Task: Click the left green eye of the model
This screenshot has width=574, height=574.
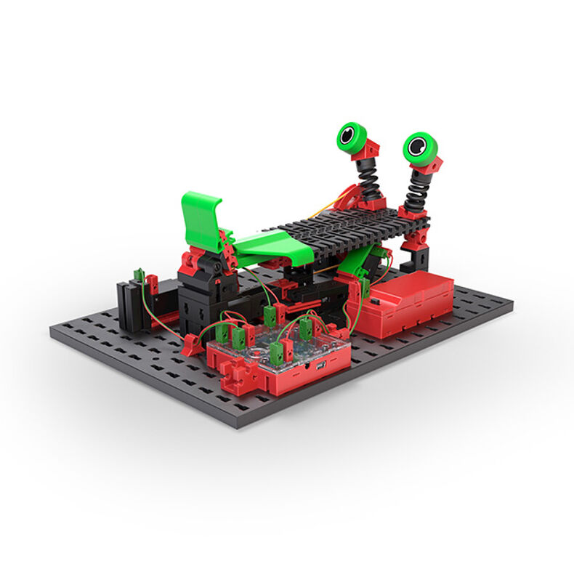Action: (x=351, y=135)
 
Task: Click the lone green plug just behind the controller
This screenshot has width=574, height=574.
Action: (x=270, y=315)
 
